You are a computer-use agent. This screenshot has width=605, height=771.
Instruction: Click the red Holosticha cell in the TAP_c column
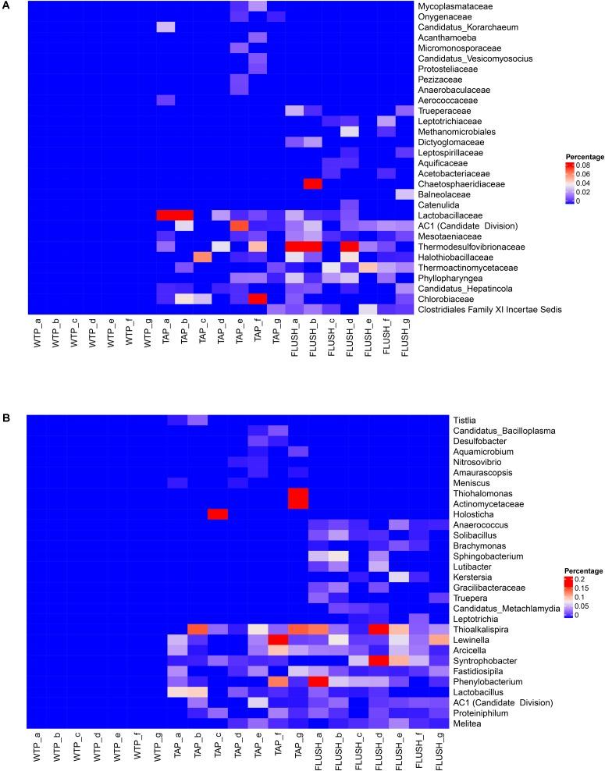(x=218, y=513)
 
